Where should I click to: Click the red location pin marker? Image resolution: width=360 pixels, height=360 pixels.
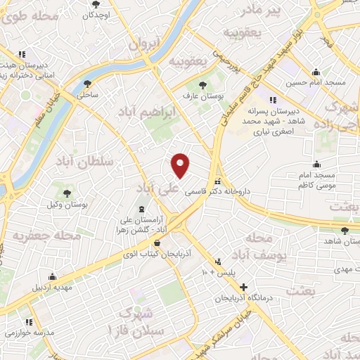tap(181, 165)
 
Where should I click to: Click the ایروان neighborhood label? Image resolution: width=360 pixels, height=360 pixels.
tap(146, 44)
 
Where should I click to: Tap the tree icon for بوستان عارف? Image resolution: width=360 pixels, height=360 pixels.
tap(203, 84)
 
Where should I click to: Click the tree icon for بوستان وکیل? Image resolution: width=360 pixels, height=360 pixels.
tap(67, 193)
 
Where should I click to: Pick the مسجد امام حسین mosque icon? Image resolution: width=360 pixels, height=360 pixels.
tap(316, 72)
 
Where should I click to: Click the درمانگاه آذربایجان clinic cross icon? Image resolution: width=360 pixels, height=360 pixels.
tap(243, 287)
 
